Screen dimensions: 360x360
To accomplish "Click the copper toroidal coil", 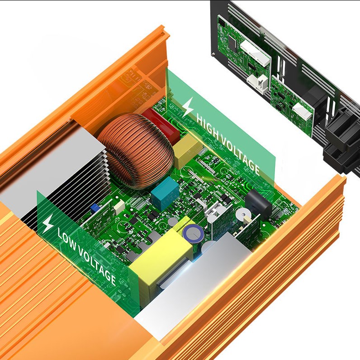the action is click(x=136, y=151).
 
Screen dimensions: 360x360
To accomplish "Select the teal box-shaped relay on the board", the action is click(x=165, y=193).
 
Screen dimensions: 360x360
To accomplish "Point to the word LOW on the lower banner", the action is click(x=67, y=239).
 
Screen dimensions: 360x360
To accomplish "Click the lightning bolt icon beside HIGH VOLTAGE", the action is click(x=188, y=107).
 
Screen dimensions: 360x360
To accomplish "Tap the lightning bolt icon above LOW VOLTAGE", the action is click(x=48, y=223).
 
